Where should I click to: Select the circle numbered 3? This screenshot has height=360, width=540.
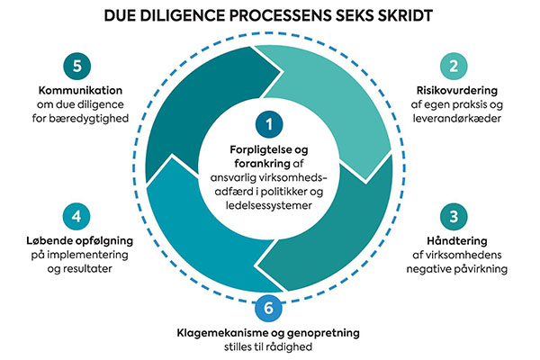tap(454, 217)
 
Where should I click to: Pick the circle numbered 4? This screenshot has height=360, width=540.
tap(78, 217)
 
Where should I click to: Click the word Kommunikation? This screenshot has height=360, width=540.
tap(78, 92)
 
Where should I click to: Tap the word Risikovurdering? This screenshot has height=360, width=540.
tap(454, 92)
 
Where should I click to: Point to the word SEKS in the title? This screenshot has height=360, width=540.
tap(338, 15)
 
